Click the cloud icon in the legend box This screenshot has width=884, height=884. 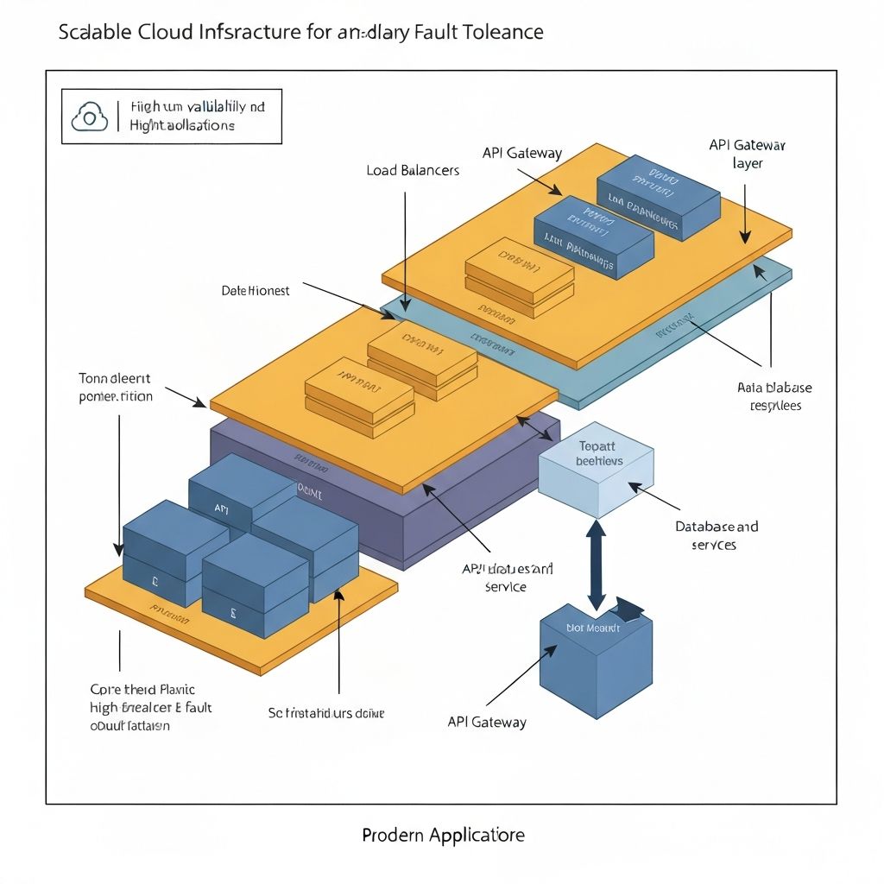pyautogui.click(x=90, y=117)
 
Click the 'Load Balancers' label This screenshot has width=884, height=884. pyautogui.click(x=413, y=170)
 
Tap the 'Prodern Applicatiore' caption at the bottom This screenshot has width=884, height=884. pyautogui.click(x=443, y=835)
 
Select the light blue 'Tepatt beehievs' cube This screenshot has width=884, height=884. pyautogui.click(x=595, y=470)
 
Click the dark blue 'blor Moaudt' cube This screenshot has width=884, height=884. pyautogui.click(x=595, y=660)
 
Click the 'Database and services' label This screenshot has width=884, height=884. pyautogui.click(x=716, y=535)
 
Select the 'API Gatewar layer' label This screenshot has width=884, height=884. pyautogui.click(x=747, y=154)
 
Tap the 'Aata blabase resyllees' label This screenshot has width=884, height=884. pyautogui.click(x=774, y=396)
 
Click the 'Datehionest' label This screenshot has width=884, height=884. pyautogui.click(x=256, y=291)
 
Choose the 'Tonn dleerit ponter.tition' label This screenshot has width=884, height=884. pyautogui.click(x=115, y=388)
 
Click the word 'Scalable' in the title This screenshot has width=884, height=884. pyautogui.click(x=98, y=33)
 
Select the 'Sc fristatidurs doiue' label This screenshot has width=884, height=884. pyautogui.click(x=326, y=713)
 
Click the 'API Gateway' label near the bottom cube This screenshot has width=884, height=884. pyautogui.click(x=486, y=722)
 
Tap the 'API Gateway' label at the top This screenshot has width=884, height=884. pyautogui.click(x=521, y=154)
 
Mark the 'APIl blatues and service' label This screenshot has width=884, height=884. pyautogui.click(x=508, y=578)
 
